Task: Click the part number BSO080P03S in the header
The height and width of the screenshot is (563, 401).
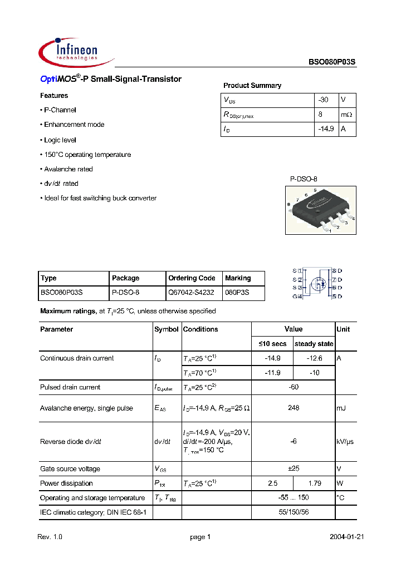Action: [x=332, y=63]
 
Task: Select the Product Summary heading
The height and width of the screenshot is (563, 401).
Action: [x=252, y=86]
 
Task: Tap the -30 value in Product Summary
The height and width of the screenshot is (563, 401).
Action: [x=323, y=100]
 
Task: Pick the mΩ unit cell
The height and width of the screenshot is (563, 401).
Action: [x=347, y=115]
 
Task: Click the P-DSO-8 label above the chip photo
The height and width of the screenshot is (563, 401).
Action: [x=304, y=179]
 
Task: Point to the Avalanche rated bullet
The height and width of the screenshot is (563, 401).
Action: [x=68, y=169]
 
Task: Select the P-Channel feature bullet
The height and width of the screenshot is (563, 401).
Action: [x=59, y=110]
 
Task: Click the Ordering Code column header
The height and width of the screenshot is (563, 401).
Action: [x=192, y=278]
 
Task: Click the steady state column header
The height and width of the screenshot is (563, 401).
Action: [x=314, y=344]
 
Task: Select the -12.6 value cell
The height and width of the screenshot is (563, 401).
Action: [x=314, y=358]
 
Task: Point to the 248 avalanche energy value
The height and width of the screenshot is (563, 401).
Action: [x=294, y=408]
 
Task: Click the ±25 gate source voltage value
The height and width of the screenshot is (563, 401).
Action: [x=294, y=468]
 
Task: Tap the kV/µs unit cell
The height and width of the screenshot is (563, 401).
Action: [x=345, y=441]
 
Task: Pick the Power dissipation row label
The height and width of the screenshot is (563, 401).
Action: [x=67, y=483]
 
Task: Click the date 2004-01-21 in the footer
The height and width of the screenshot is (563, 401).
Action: [x=346, y=537]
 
